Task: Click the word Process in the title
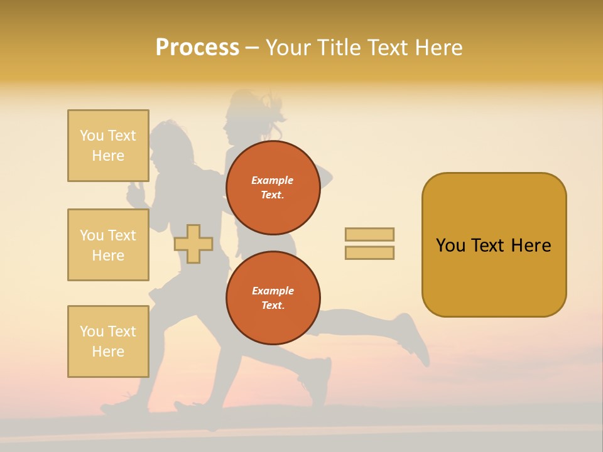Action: coord(197,48)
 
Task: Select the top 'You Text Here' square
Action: coord(108,146)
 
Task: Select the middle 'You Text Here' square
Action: coord(108,245)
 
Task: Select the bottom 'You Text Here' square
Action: coord(108,342)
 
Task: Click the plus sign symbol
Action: coord(193,244)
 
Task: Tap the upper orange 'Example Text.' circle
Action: coord(273,188)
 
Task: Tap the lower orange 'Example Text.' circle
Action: coord(273,298)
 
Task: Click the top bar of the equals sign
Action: coord(369,235)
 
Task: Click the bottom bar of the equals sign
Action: coord(369,253)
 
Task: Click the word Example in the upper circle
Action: coord(273,180)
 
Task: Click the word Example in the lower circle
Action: coord(273,291)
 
